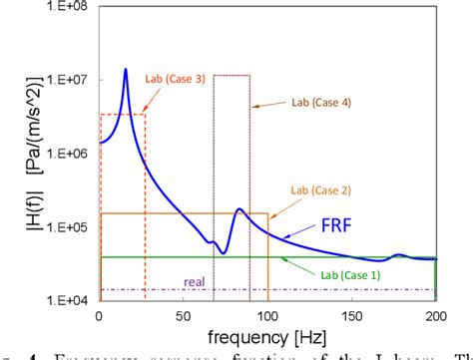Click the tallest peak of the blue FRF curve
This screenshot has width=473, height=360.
pos(125,69)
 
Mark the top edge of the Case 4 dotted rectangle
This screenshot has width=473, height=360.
pos(232,75)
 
